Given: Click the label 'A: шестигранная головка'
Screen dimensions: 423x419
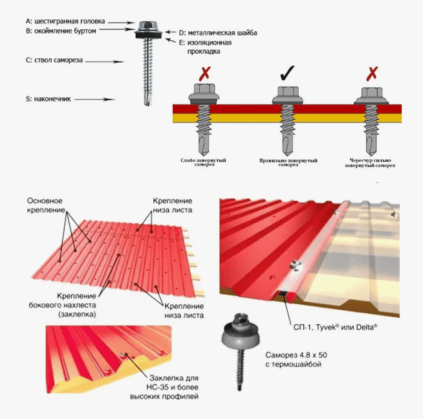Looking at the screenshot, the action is pos(65,21).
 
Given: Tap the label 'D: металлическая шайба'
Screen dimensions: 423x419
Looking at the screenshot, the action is pos(218,33).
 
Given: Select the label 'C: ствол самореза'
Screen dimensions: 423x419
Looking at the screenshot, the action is pos(54,60).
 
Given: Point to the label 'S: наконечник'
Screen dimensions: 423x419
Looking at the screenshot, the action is pos(49,99).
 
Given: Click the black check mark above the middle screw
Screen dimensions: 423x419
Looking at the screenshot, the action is pos(287,73).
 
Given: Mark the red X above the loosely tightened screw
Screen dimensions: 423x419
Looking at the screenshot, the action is pos(205,73).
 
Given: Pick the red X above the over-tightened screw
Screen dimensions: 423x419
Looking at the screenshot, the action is pos(372,73).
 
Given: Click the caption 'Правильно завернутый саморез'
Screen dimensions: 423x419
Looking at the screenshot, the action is pos(288,163).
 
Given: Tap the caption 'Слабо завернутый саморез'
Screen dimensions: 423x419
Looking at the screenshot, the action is pos(203,162).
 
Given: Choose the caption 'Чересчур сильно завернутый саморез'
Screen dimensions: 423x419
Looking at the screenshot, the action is pos(370,163).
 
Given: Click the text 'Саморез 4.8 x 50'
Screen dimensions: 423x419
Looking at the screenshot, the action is pos(296,355).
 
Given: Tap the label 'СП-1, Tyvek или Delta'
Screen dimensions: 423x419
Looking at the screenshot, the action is pos(335,327).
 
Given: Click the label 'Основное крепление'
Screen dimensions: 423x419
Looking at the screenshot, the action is pos(46,205).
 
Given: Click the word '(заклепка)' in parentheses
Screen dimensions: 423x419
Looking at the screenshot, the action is pos(77,315).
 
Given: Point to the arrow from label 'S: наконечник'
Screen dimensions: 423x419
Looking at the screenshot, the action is pos(94,100).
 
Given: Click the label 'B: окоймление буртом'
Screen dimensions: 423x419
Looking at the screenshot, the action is pos(61,31).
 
